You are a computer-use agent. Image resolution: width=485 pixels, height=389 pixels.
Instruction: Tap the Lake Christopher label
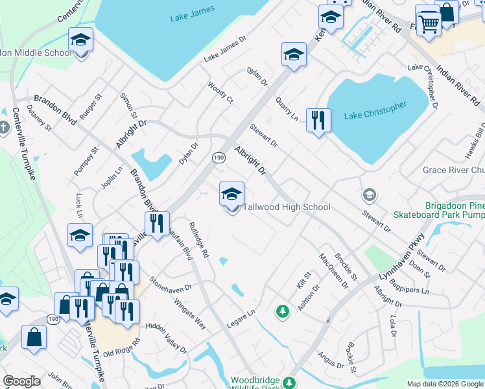[375, 110]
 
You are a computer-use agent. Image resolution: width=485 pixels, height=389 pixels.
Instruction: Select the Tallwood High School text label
[287, 207]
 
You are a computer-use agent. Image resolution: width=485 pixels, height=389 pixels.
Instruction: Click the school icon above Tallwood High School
[231, 194]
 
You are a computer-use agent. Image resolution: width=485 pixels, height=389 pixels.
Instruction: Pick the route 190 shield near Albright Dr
[219, 158]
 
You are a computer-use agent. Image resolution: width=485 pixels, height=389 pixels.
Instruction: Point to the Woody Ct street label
[220, 93]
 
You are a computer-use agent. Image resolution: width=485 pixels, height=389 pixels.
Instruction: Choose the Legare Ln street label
[241, 316]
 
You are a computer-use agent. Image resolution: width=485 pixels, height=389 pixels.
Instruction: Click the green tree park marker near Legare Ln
[282, 312]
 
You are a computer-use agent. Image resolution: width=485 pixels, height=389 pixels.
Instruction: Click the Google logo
[21, 381]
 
